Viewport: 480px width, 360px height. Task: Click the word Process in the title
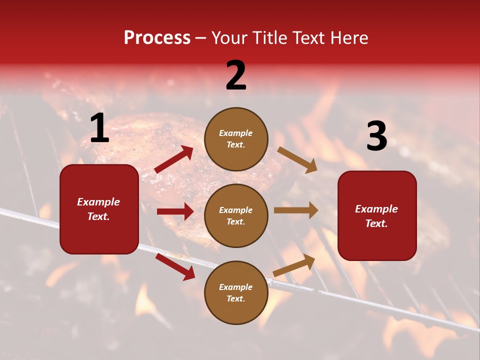click(x=157, y=38)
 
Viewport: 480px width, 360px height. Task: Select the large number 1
click(x=99, y=128)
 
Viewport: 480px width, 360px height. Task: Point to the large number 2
click(x=236, y=75)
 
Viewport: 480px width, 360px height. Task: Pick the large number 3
click(x=376, y=136)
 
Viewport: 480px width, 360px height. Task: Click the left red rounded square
click(x=99, y=209)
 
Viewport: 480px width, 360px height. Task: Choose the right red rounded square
click(x=377, y=215)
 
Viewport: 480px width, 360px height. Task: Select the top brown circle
click(x=236, y=139)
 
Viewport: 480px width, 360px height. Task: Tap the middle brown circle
click(x=236, y=215)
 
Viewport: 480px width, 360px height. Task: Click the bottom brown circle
click(x=236, y=292)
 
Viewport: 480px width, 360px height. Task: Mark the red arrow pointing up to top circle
click(x=174, y=159)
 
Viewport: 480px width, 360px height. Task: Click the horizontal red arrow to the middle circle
click(x=175, y=211)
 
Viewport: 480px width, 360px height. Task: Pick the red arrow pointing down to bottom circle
click(x=175, y=267)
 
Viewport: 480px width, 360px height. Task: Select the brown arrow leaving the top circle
click(x=297, y=159)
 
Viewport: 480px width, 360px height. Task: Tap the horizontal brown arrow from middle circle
click(x=295, y=210)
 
